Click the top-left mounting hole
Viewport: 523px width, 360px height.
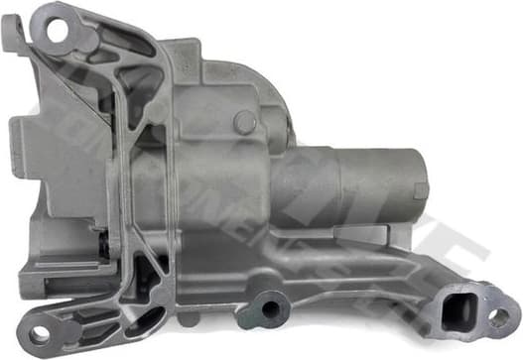[55, 30]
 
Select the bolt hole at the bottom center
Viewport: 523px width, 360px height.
[271, 309]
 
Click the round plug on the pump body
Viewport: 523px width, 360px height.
[244, 122]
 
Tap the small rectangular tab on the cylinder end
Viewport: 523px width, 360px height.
[421, 189]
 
